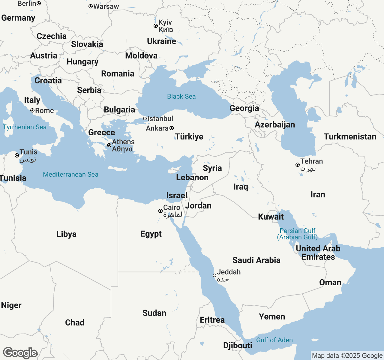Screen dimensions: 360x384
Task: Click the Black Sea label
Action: (181, 96)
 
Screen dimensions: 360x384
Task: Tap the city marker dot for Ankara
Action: (172, 128)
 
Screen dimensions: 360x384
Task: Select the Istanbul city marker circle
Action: (145, 118)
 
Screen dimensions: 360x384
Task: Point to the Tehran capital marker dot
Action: (298, 165)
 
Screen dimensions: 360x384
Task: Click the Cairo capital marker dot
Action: (160, 211)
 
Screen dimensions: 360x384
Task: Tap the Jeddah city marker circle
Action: (214, 275)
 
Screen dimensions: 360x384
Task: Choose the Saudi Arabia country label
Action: (256, 260)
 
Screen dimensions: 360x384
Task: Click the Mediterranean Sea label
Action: (70, 174)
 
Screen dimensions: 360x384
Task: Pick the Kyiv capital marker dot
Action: (156, 26)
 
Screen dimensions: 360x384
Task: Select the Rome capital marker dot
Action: (32, 110)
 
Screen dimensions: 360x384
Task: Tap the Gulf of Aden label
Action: (274, 340)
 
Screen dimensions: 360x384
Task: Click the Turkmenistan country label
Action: (350, 136)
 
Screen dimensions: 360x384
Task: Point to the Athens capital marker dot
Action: (109, 145)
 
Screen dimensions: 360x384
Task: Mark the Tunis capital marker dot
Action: (17, 155)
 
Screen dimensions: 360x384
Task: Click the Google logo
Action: (20, 353)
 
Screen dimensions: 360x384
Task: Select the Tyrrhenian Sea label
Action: (25, 127)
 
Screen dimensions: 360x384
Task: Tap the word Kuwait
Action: (271, 217)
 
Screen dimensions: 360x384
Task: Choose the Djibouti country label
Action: (238, 345)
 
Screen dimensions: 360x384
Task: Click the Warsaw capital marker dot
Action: (90, 6)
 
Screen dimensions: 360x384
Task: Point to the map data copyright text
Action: (347, 356)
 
